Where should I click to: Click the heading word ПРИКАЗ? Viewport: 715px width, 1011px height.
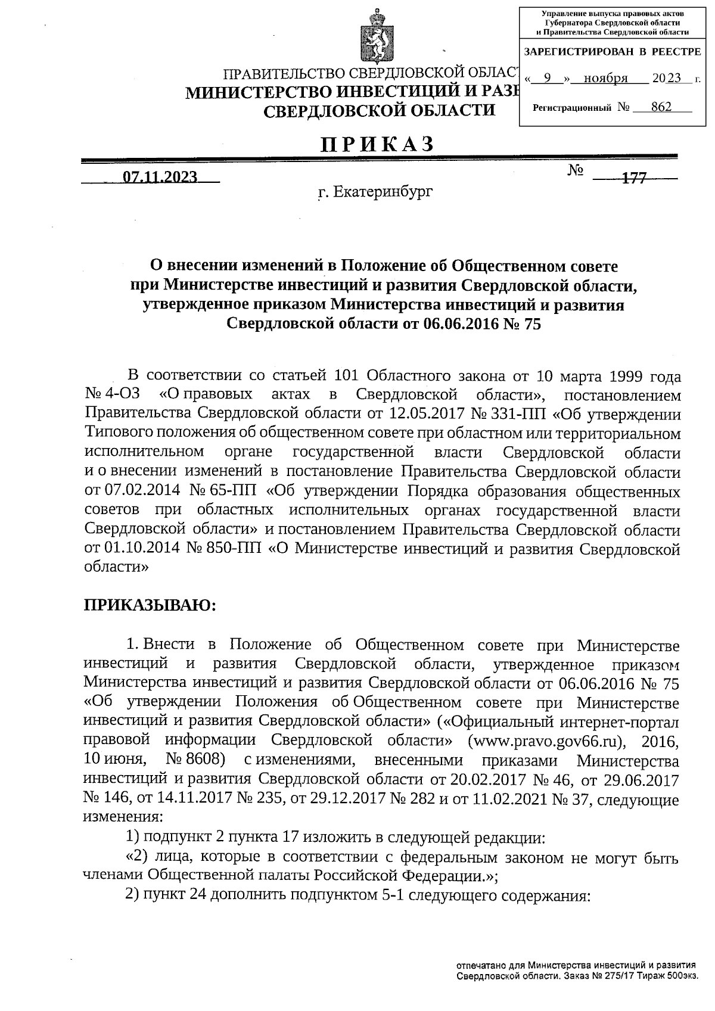pyautogui.click(x=377, y=145)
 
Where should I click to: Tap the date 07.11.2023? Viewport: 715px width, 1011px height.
pyautogui.click(x=160, y=176)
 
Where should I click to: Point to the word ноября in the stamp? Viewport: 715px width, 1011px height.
pyautogui.click(x=605, y=79)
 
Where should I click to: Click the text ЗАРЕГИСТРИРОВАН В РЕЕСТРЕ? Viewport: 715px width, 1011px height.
pyautogui.click(x=612, y=52)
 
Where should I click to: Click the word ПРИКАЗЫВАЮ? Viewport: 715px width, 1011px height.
pyautogui.click(x=150, y=605)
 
